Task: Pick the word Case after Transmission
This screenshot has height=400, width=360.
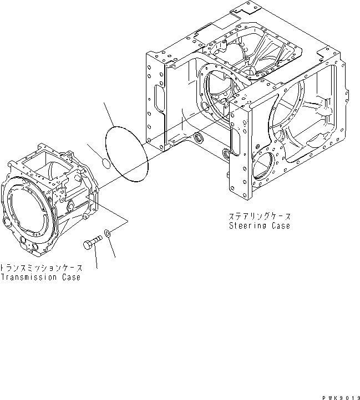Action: tap(69, 277)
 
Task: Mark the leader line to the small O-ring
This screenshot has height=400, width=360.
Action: tap(94, 151)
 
